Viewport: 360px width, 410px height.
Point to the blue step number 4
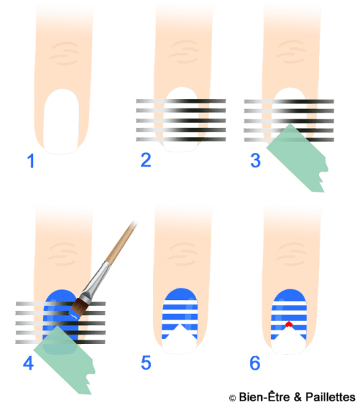coord(29,362)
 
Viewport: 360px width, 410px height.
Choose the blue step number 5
coord(146,362)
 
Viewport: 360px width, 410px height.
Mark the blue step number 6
coord(255,362)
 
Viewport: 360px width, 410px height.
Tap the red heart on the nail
coord(288,324)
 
